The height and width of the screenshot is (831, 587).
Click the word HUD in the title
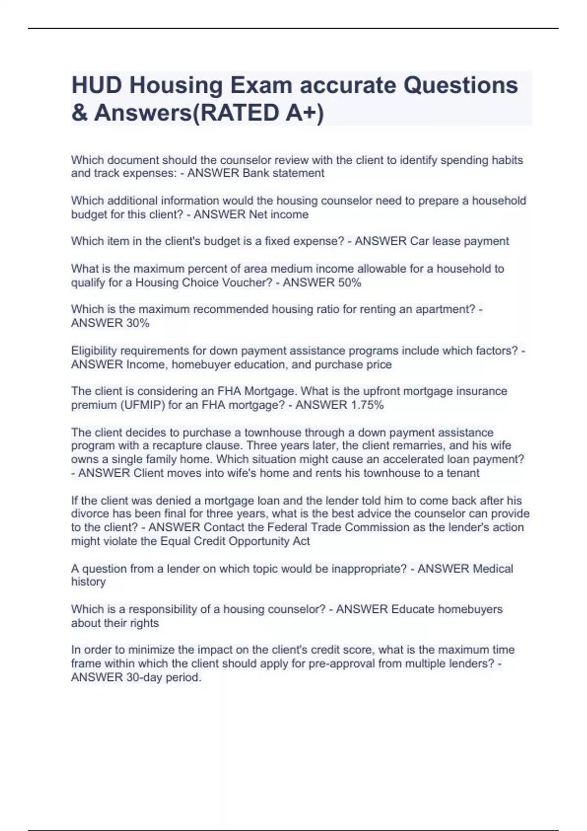coord(96,85)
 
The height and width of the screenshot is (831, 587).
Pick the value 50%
coord(349,283)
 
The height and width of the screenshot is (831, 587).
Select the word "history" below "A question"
coord(89,582)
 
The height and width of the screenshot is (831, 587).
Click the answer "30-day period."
coord(163,678)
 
